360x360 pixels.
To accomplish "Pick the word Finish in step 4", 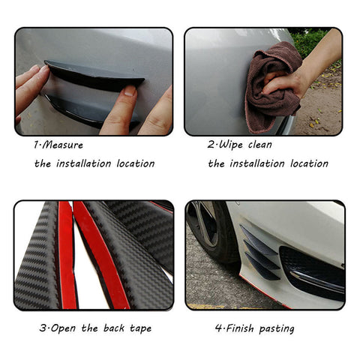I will point(238,328).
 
